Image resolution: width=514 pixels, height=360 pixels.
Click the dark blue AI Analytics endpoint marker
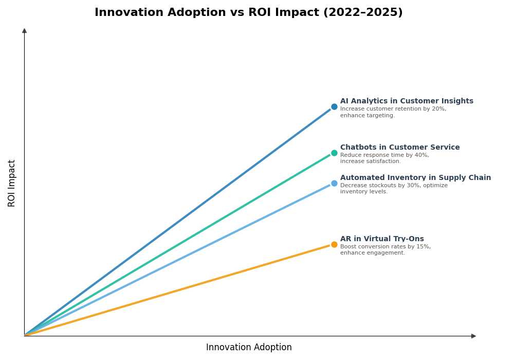pos(334,107)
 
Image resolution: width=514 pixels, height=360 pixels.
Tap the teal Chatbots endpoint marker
pos(334,153)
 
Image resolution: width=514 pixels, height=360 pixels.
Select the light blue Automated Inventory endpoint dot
pos(334,184)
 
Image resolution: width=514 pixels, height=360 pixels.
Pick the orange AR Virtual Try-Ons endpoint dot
pos(334,245)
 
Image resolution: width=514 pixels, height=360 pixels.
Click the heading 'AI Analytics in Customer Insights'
pos(406,101)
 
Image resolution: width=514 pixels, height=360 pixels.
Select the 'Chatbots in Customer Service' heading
pos(399,148)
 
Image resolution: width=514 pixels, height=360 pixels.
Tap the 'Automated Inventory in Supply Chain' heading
pos(415,178)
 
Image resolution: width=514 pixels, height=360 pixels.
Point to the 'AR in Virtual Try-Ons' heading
pos(381,239)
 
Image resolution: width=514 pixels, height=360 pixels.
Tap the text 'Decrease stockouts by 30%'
pos(379,186)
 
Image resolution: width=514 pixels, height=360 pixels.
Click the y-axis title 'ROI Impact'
pos(12,183)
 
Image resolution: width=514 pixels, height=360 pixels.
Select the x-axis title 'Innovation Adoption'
pos(249,348)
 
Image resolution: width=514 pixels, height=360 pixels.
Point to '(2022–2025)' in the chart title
pos(363,13)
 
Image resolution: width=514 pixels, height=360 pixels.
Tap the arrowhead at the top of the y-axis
pos(24,31)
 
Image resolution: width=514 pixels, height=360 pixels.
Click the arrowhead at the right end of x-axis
pos(473,336)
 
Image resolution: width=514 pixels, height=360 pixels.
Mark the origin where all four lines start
pos(25,335)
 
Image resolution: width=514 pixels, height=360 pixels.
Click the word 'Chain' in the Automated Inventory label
pos(479,178)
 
